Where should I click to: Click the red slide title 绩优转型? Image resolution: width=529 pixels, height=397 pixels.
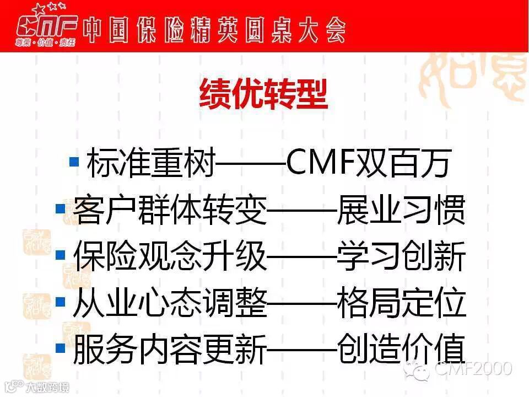click(x=263, y=95)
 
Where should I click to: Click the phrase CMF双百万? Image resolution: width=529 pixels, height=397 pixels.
click(x=368, y=164)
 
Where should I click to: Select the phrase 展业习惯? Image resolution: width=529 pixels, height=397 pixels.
click(x=401, y=211)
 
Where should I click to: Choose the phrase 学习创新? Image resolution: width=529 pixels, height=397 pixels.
click(x=401, y=257)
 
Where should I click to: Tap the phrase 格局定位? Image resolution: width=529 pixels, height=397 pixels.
click(x=401, y=303)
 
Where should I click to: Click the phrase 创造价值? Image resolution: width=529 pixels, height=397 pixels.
click(x=401, y=349)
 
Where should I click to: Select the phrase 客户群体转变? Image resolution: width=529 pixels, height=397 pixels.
click(x=169, y=211)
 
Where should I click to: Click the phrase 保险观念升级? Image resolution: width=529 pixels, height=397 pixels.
click(x=169, y=257)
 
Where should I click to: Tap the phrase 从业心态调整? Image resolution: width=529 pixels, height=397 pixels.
click(x=169, y=303)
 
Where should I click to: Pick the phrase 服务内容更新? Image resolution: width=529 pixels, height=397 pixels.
click(x=169, y=349)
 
